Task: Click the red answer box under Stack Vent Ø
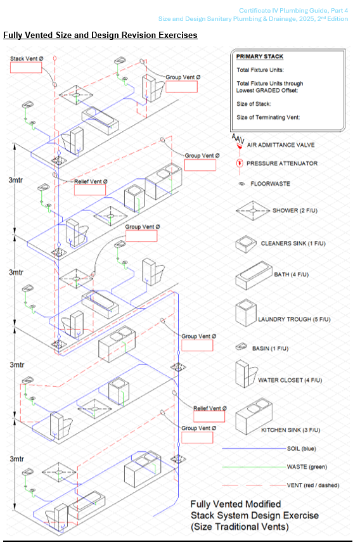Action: pos(26,67)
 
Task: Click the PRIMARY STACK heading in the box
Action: pos(260,56)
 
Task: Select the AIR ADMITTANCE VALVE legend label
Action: pos(281,145)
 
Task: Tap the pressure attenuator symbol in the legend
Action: pos(240,163)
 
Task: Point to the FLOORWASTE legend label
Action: pos(271,184)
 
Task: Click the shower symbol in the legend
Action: pos(253,210)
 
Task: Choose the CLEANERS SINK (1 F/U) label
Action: pos(293,243)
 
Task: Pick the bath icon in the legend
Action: pos(254,276)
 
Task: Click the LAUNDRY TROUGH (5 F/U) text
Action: pos(294,319)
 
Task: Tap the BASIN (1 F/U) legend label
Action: pos(271,349)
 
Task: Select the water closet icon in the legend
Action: pos(246,374)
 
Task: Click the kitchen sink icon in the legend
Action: pos(254,416)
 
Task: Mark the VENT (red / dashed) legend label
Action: pos(312,485)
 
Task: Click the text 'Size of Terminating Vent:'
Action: pos(268,117)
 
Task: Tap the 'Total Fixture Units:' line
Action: pos(260,70)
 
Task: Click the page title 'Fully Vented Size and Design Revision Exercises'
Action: pos(100,35)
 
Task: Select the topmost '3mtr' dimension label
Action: pos(16,180)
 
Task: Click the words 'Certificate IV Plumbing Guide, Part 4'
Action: pos(293,11)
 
